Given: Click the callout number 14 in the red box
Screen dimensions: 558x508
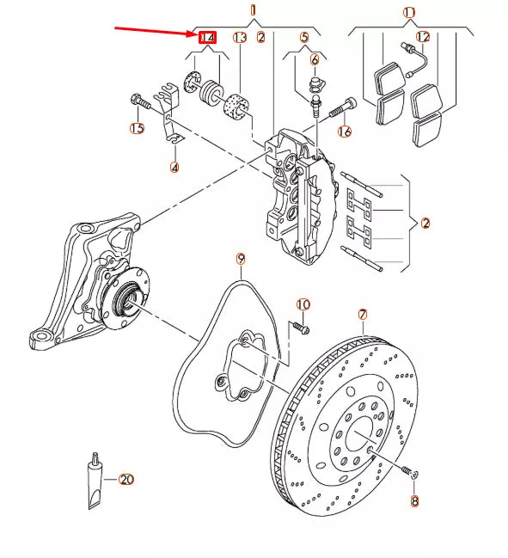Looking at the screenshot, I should pos(207,38).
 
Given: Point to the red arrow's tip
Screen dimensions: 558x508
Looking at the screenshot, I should pos(197,36).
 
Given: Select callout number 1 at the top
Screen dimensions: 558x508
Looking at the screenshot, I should pos(254,9).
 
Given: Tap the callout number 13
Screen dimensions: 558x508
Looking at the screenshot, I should pos(240,38).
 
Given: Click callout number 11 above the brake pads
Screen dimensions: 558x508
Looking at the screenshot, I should pos(409,12).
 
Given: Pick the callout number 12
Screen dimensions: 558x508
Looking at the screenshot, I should pos(422,37).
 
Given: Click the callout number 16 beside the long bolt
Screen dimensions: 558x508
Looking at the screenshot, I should pos(345,132).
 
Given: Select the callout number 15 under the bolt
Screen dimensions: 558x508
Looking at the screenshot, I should pos(137,129).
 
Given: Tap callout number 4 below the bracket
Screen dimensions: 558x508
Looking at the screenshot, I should pos(174,167).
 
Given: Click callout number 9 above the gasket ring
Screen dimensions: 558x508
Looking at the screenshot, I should pos(241,259).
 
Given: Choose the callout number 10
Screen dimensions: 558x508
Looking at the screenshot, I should pos(303,305).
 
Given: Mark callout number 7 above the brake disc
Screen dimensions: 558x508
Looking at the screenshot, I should pos(363,315).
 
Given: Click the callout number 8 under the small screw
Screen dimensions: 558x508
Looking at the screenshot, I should pos(414,500).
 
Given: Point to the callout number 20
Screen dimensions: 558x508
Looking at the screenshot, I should pos(126,479).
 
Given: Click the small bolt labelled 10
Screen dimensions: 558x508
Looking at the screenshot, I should pos(299,328).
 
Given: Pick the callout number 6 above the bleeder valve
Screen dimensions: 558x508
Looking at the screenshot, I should pos(314,59).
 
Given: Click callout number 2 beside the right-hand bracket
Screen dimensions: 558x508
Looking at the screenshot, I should pos(425,223).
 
